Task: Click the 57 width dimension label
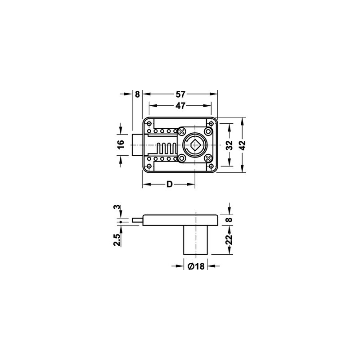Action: pos(180,94)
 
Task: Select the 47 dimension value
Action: pos(180,106)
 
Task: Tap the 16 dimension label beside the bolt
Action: pos(121,144)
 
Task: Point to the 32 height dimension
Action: pos(229,145)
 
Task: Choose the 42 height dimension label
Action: pos(242,145)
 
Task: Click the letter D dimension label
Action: pos(169,184)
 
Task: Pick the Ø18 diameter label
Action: pos(196,266)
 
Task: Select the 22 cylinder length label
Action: pos(229,240)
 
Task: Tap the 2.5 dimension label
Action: pos(117,240)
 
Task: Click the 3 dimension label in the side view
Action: pos(117,207)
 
